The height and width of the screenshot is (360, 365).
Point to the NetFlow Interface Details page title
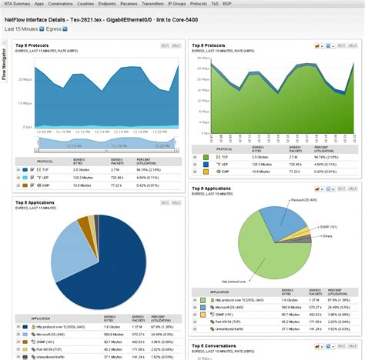(x=108, y=17)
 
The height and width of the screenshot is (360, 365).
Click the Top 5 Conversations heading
(x=220, y=346)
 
